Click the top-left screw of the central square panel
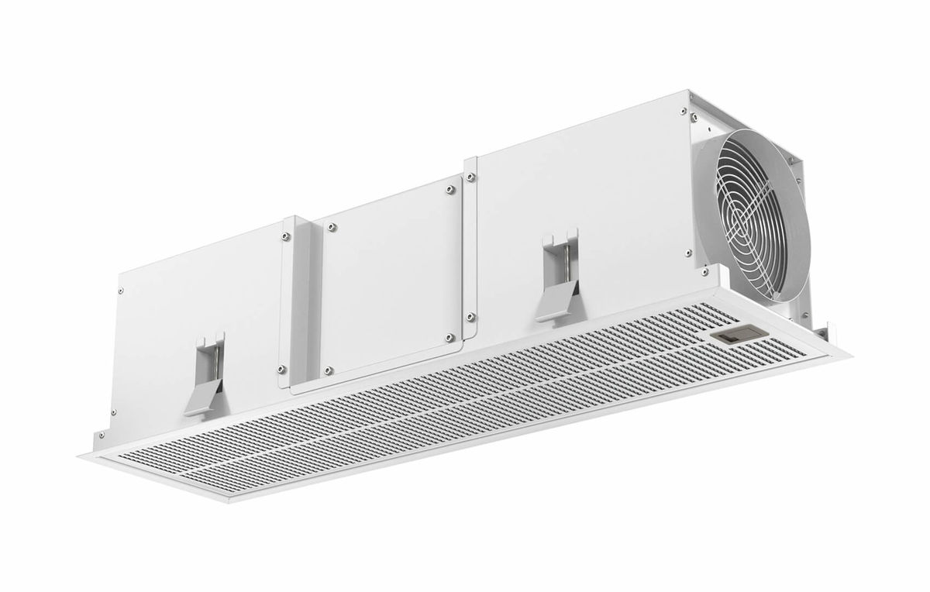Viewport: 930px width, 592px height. tap(331, 227)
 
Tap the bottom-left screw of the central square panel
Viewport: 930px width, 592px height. tap(328, 370)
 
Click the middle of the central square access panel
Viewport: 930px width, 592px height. tap(390, 281)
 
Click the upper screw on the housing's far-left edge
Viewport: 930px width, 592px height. tap(120, 291)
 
